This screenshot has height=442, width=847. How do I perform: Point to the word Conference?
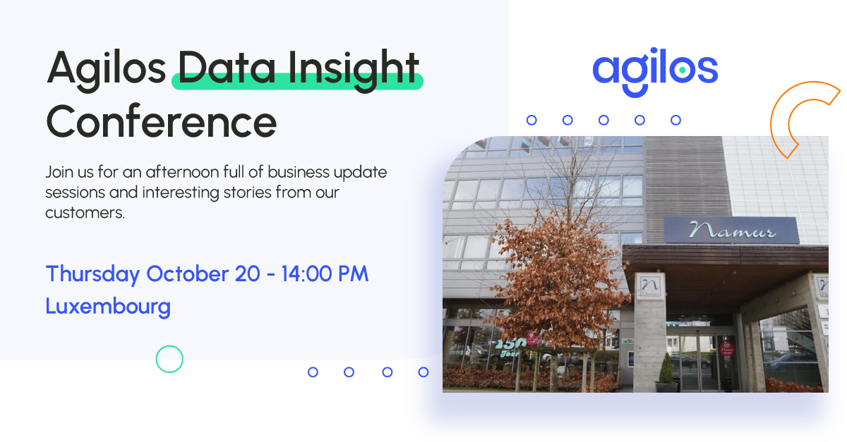(161, 121)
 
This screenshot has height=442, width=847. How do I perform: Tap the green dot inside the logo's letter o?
(682, 70)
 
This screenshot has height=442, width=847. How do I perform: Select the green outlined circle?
(169, 359)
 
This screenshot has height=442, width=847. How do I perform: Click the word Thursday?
(92, 274)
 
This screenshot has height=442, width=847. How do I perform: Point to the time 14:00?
(313, 274)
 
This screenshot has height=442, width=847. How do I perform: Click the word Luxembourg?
(108, 306)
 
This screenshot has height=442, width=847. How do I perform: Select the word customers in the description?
(84, 212)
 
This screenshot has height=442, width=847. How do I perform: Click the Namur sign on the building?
(731, 231)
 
